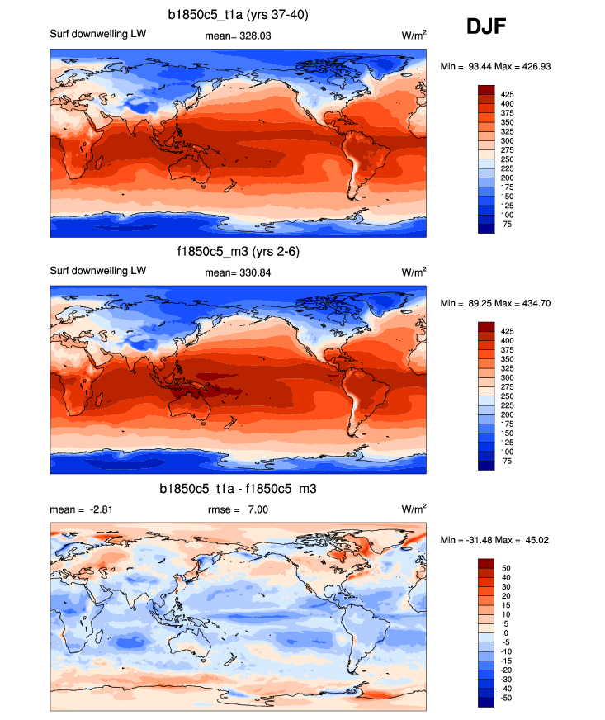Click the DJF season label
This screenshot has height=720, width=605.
pos(486,27)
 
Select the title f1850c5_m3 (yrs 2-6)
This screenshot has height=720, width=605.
pos(239,251)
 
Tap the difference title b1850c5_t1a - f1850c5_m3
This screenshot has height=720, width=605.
pos(239,490)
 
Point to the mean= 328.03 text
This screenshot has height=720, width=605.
pos(239,35)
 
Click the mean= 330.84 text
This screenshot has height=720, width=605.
pos(239,272)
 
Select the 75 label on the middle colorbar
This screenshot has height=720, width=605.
pos(507,462)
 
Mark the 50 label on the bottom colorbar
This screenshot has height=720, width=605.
pos(506,568)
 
